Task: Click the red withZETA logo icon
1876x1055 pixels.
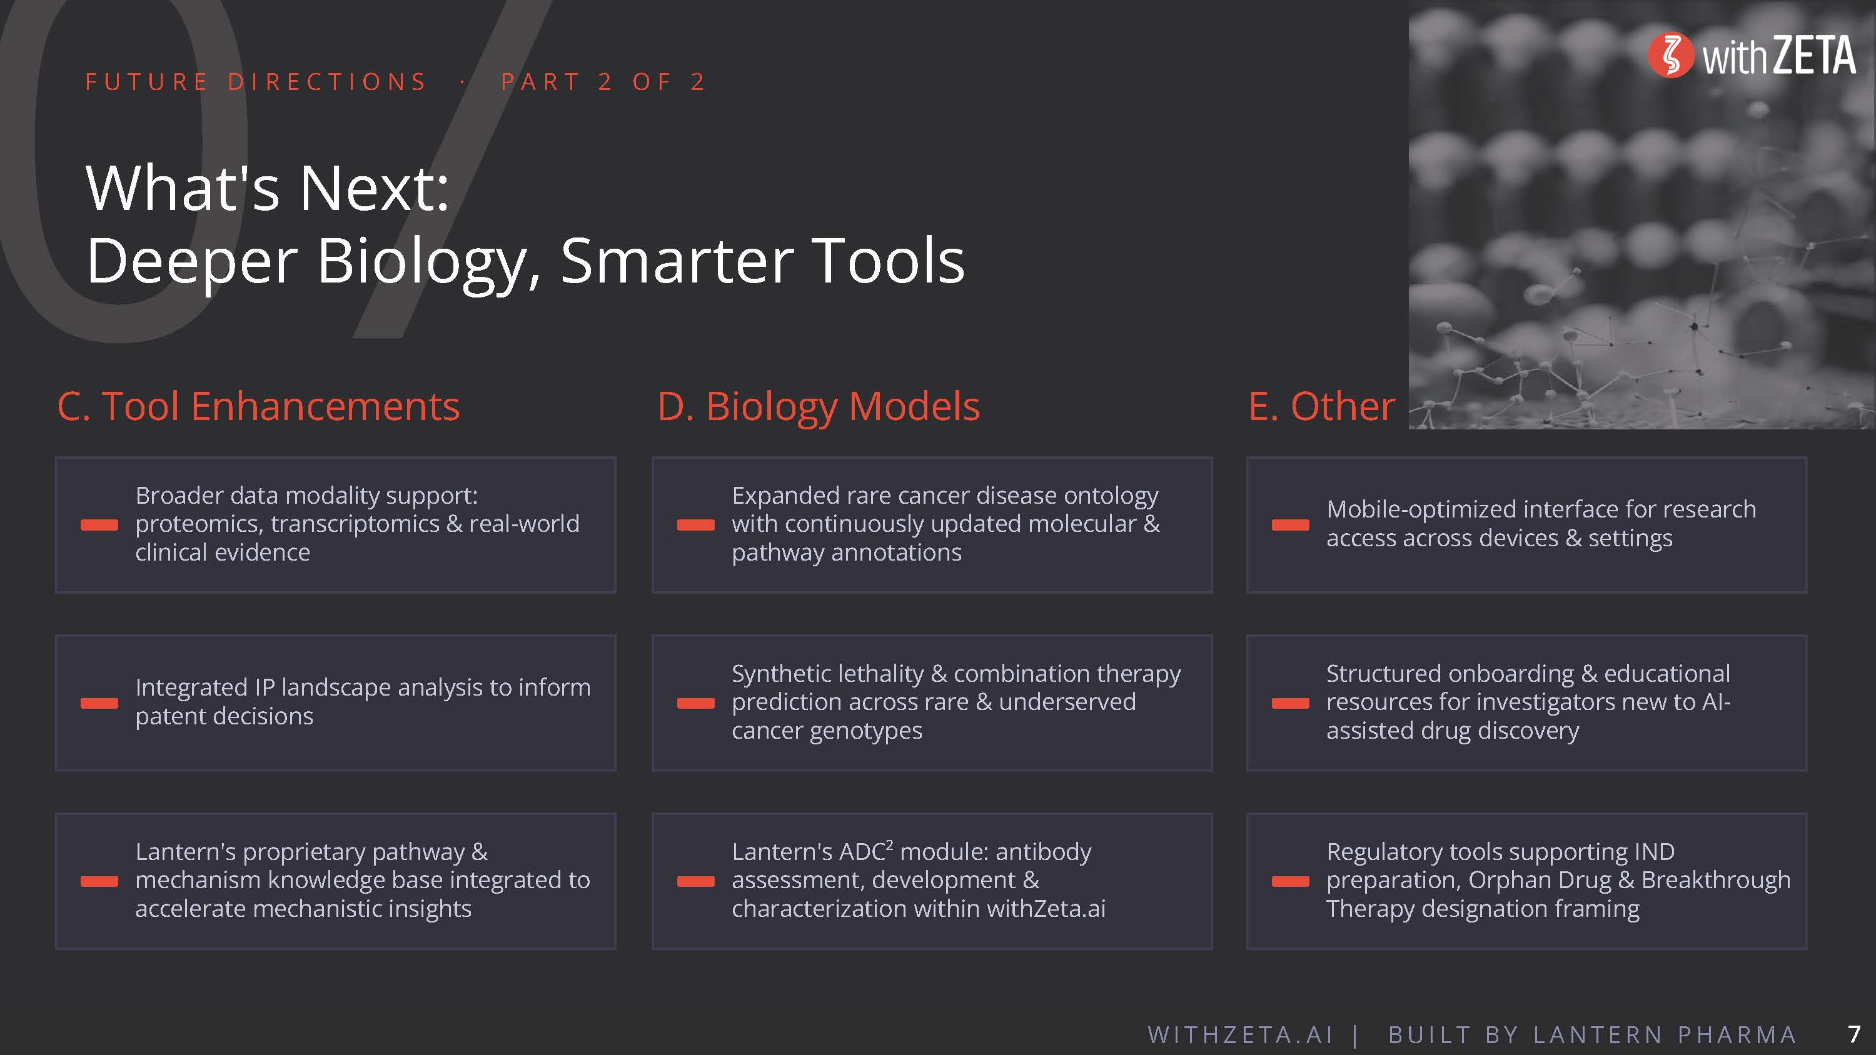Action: pyautogui.click(x=1671, y=56)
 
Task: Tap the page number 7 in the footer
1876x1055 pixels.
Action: pyautogui.click(x=1854, y=1034)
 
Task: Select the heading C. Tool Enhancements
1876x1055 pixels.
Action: pyautogui.click(x=258, y=406)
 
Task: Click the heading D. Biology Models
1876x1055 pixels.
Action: pyautogui.click(x=819, y=407)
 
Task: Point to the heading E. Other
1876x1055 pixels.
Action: pyautogui.click(x=1322, y=406)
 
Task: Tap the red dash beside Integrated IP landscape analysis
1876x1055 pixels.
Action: pyautogui.click(x=99, y=703)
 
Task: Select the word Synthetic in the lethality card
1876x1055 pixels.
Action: pyautogui.click(x=780, y=674)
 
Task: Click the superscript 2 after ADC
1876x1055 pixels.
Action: pyautogui.click(x=889, y=844)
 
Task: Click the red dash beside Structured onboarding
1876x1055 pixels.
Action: pyautogui.click(x=1291, y=703)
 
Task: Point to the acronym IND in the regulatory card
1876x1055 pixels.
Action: pyautogui.click(x=1654, y=851)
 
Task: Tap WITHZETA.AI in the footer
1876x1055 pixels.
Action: pyautogui.click(x=1240, y=1034)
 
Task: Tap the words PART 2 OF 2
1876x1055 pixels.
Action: pyautogui.click(x=603, y=81)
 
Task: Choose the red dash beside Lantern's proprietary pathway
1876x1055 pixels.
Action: pyautogui.click(x=99, y=882)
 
